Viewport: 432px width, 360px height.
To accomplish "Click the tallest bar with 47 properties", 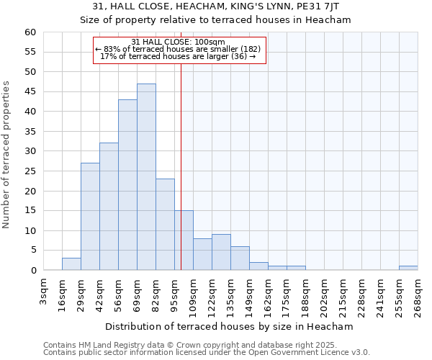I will coord(146,177).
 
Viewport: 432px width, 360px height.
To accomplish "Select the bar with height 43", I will coord(127,185).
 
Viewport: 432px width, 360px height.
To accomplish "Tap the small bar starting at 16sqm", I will coord(71,264).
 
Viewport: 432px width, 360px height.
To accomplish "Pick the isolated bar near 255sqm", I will coord(408,268).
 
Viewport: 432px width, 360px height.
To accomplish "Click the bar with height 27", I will coord(90,217).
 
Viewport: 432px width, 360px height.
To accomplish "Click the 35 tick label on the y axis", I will coord(30,132).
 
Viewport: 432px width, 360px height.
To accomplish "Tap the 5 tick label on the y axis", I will coord(33,251).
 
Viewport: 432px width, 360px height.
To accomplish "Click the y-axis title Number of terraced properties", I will coord(7,155).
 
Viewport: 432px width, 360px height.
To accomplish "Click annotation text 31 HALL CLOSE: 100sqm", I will coord(179,42).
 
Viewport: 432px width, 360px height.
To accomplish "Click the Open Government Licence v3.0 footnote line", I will coord(207,353).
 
